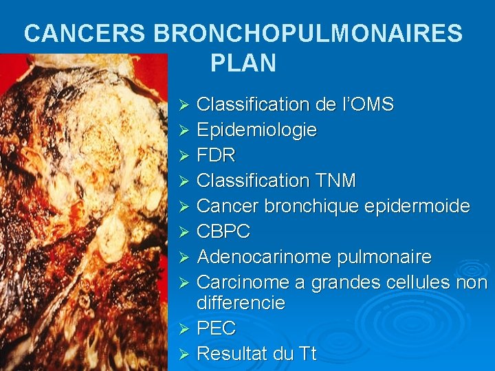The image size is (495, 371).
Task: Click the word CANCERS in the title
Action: click(x=84, y=32)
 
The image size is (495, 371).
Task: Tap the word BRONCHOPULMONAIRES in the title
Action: click(x=308, y=32)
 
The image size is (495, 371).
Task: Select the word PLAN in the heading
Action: click(x=243, y=63)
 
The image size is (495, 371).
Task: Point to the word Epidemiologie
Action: click(x=256, y=130)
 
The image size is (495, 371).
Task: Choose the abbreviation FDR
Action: click(x=216, y=155)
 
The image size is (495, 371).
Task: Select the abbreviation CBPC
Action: click(x=223, y=232)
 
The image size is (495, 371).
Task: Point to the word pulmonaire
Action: click(x=384, y=257)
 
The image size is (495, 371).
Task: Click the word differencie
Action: click(x=241, y=303)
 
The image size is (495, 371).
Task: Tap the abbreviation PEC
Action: click(x=216, y=328)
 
